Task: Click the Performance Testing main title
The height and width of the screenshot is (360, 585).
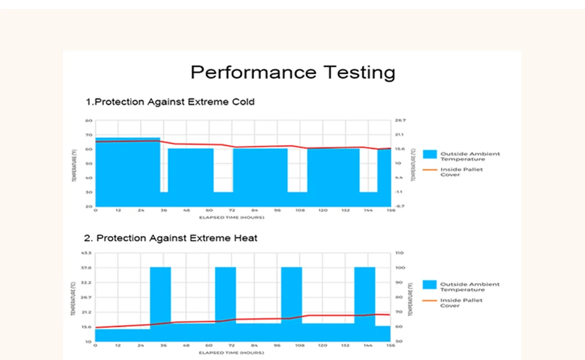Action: (x=292, y=73)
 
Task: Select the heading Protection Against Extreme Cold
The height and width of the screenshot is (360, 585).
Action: (x=170, y=102)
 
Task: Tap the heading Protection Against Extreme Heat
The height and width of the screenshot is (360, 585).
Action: (x=172, y=238)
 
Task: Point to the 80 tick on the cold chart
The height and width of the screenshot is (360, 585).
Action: (x=89, y=120)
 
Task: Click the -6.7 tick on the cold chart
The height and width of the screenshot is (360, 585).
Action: (x=399, y=206)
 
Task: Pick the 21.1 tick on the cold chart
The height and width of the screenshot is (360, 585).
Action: (x=399, y=135)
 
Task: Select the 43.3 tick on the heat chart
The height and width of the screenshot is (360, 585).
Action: (x=87, y=253)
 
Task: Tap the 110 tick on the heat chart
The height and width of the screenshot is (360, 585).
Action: (x=400, y=253)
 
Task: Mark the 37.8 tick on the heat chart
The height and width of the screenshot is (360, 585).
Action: (x=87, y=268)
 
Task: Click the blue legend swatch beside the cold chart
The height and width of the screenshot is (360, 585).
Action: (x=430, y=154)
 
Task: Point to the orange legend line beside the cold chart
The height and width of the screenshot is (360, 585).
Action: (x=430, y=170)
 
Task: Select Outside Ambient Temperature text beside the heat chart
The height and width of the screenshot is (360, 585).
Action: (x=470, y=287)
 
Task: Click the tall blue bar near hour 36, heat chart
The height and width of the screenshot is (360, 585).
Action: (x=160, y=298)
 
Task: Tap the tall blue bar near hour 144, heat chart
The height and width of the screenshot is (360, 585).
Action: (x=364, y=298)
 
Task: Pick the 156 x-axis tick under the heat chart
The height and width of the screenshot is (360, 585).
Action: (x=390, y=346)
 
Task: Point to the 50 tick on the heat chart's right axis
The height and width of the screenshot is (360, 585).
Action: (x=399, y=341)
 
